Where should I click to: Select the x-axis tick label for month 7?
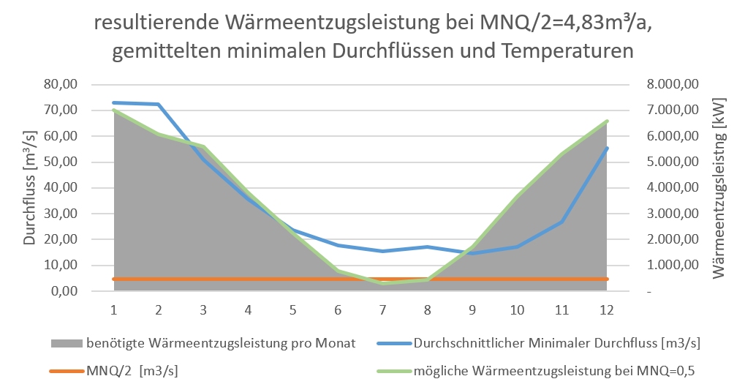point(383,309)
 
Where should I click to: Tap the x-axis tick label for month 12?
point(605,309)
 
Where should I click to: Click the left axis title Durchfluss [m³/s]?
point(30,187)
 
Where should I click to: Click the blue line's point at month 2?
point(159,105)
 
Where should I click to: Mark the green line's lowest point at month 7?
point(383,283)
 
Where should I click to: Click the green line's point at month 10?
point(517,196)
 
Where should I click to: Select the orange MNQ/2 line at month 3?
point(204,279)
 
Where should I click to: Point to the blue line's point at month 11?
point(561,222)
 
